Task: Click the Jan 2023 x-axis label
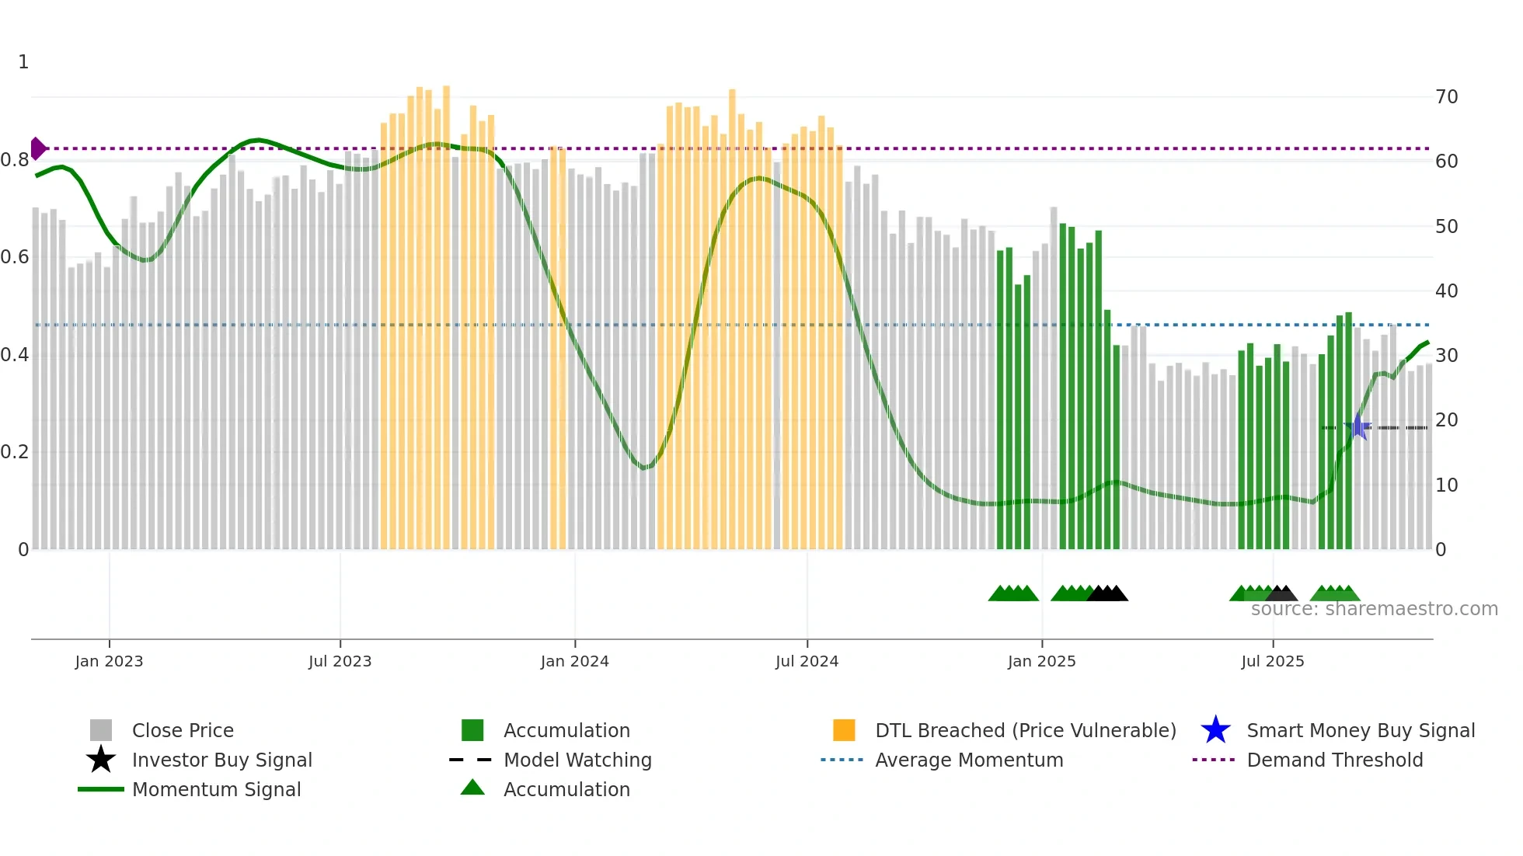tap(109, 661)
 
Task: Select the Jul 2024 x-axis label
tap(807, 661)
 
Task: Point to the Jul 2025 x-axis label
tap(1272, 661)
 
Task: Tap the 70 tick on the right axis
tap(1446, 97)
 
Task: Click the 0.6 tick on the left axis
tap(15, 257)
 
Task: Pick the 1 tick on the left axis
tap(23, 62)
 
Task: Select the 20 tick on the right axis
tap(1446, 420)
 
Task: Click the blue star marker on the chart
tap(1357, 426)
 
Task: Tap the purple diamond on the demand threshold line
tap(38, 148)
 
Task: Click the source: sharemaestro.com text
tap(1374, 609)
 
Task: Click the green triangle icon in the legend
tap(472, 788)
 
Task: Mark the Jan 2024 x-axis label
tap(574, 661)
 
